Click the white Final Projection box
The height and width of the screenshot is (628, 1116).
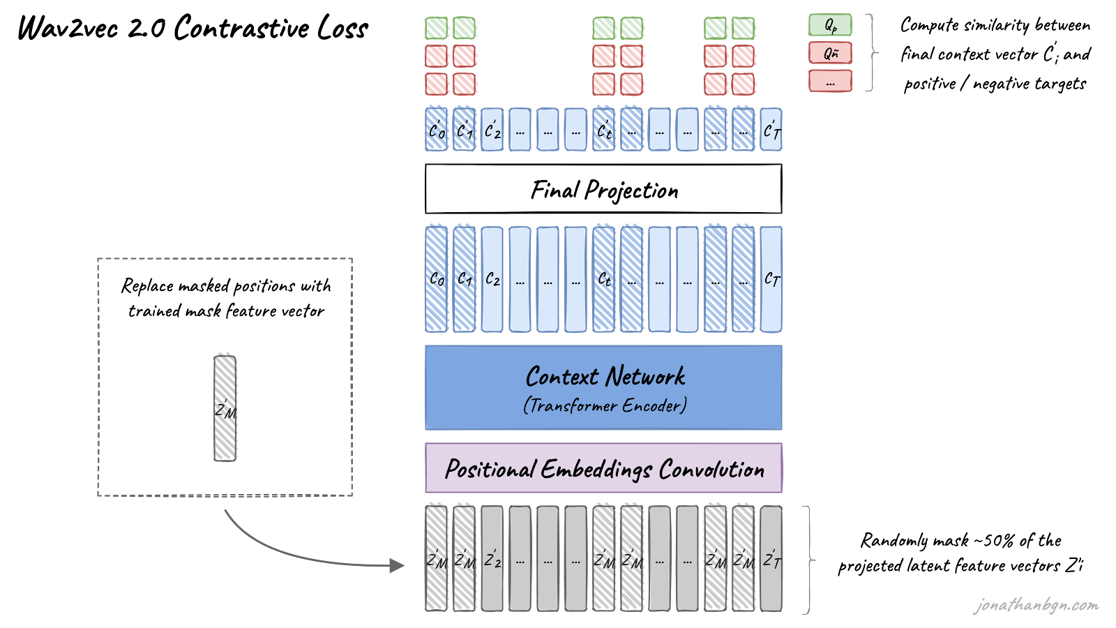coord(603,189)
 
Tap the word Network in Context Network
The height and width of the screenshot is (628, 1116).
coord(645,377)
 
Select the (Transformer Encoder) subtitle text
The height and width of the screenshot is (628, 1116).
coord(605,405)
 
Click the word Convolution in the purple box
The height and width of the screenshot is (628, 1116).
coord(711,470)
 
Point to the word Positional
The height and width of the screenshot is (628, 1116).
coord(490,469)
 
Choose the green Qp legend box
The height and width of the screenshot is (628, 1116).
coord(830,25)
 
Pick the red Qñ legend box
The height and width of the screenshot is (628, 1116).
coord(830,53)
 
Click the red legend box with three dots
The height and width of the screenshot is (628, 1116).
coord(830,81)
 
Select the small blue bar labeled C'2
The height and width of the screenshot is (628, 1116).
coord(492,130)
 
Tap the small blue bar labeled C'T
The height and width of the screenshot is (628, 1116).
coord(771,130)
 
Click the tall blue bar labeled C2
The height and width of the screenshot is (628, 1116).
coord(492,279)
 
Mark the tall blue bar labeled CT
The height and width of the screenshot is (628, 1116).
coord(771,279)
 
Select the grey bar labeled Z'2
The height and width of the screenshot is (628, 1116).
coord(492,558)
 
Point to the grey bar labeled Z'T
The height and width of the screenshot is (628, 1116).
coord(771,558)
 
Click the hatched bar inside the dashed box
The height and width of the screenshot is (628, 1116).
coord(225,408)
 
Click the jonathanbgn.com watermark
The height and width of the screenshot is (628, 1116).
coord(1036,605)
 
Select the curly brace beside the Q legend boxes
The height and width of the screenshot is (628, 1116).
coord(872,53)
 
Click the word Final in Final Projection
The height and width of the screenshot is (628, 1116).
coord(555,190)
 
